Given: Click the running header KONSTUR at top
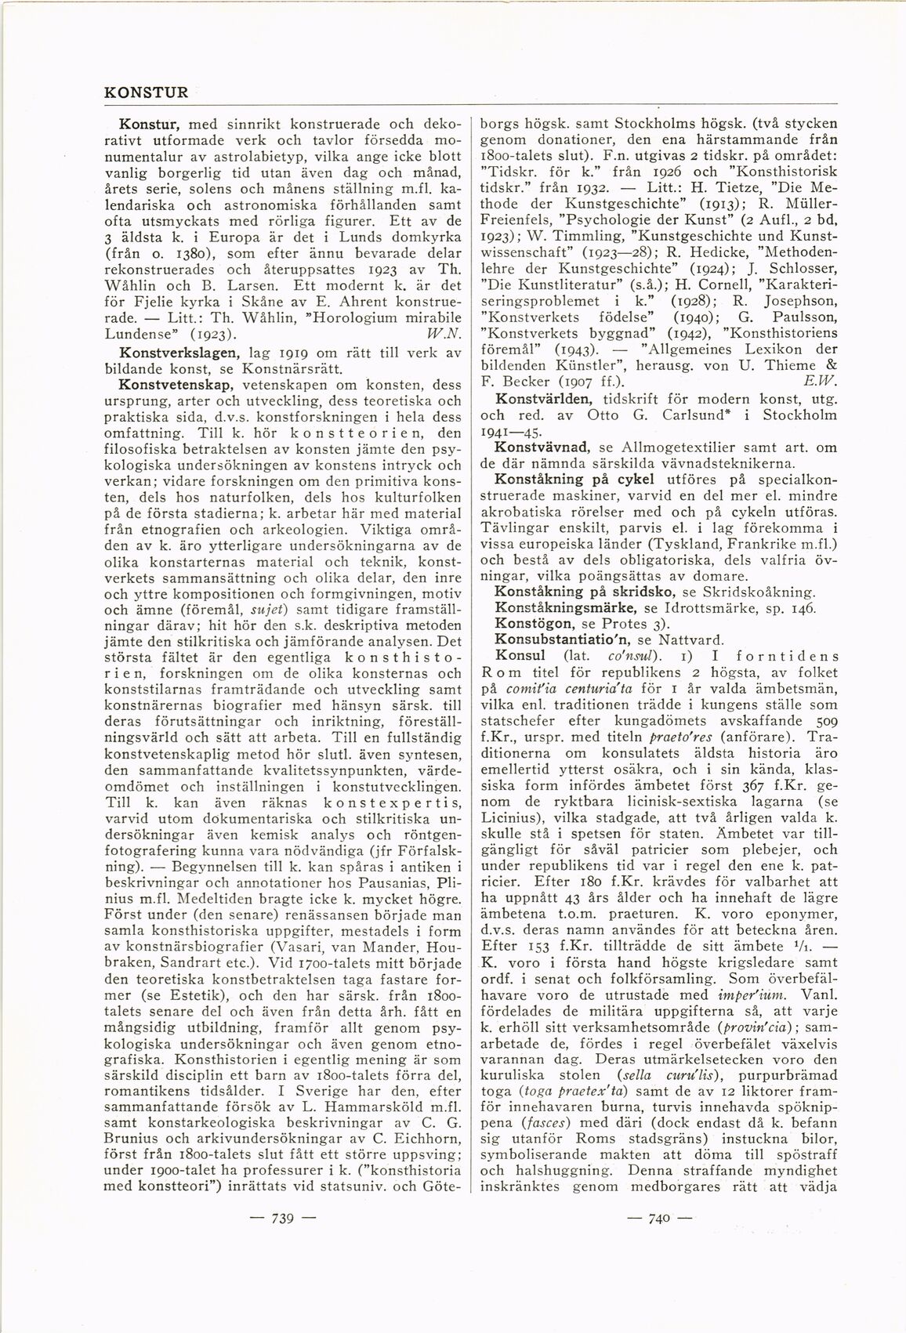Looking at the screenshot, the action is [x=147, y=91].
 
